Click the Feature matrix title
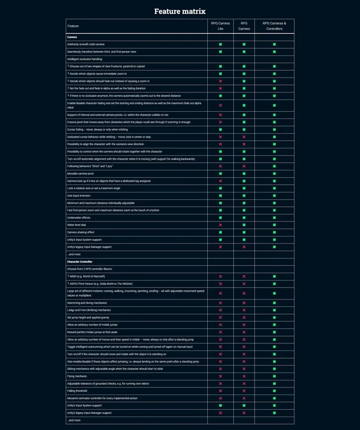(x=180, y=11)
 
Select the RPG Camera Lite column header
(x=220, y=26)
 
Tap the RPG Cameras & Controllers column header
(x=274, y=26)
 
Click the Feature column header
(x=73, y=26)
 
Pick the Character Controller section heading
(x=80, y=261)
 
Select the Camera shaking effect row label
(x=81, y=232)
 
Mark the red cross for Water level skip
(x=220, y=225)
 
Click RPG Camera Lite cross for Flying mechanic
(x=220, y=376)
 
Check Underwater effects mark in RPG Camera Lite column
(x=220, y=218)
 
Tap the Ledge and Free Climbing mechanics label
(x=89, y=310)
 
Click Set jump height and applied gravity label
(x=88, y=318)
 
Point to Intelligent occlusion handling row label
(x=84, y=59)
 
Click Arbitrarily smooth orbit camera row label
(x=86, y=44)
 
